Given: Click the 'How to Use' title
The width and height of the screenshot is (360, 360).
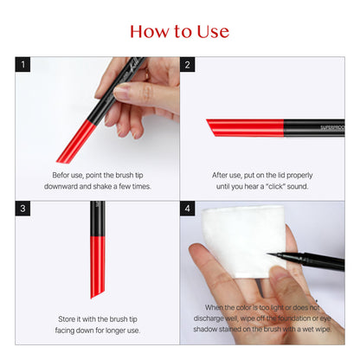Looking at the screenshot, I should tap(179, 32).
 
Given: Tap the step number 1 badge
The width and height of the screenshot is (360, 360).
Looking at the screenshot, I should tap(24, 65).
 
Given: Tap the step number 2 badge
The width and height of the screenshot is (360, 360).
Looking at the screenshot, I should tap(188, 65).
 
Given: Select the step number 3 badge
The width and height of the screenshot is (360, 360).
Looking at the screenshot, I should tap(24, 209).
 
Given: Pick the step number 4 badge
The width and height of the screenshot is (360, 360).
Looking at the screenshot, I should tap(188, 209).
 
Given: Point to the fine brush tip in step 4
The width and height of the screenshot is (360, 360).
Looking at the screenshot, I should tap(275, 254).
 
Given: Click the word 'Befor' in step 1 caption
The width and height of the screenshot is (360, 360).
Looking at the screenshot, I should tap(63, 174).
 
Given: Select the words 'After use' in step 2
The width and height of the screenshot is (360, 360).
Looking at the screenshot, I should tap(230, 174).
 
